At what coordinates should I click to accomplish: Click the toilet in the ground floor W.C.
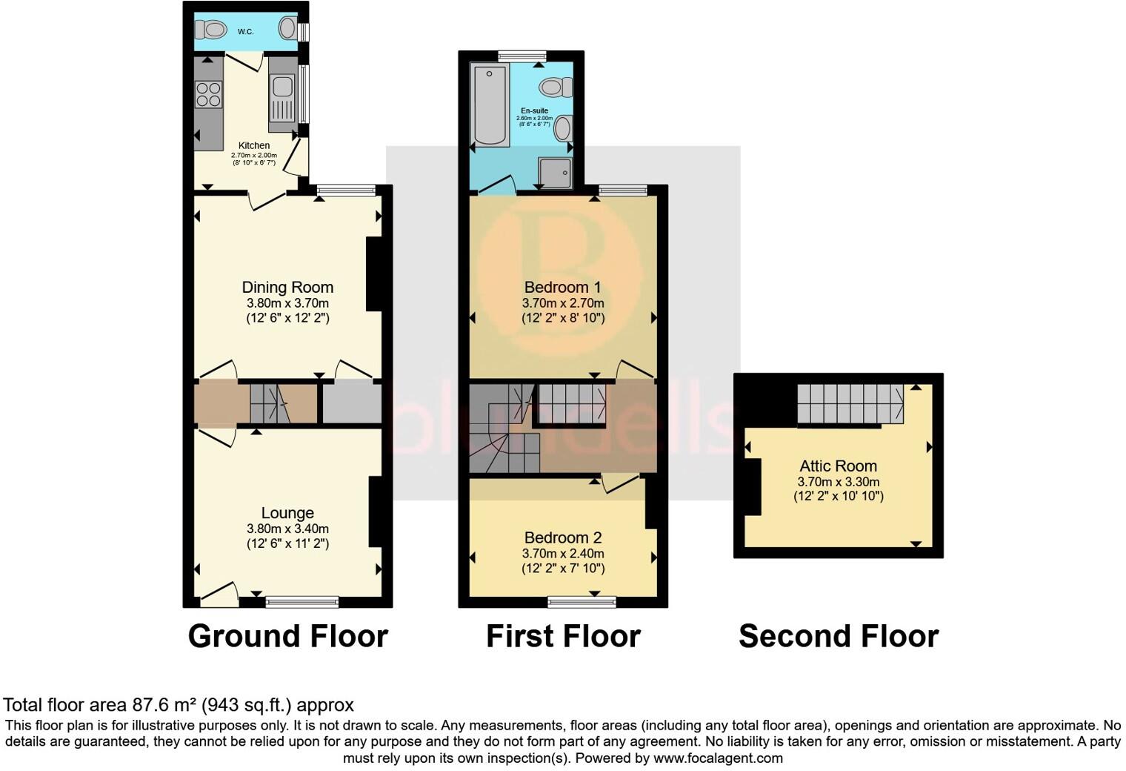point(211,30)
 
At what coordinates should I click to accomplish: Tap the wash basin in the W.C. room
point(287,29)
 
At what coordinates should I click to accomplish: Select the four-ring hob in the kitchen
point(208,94)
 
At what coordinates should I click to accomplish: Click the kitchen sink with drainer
point(282,98)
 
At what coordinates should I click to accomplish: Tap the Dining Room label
point(287,288)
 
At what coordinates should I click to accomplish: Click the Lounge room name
point(287,513)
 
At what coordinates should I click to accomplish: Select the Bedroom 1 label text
point(563,288)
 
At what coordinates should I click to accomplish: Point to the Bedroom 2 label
point(563,538)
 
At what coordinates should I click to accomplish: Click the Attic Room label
point(838,466)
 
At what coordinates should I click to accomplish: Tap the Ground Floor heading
point(287,636)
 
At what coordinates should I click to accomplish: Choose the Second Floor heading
point(839,636)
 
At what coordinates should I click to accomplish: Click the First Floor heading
point(563,636)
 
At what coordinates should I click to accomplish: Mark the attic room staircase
point(850,403)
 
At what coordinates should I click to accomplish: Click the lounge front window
point(302,602)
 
